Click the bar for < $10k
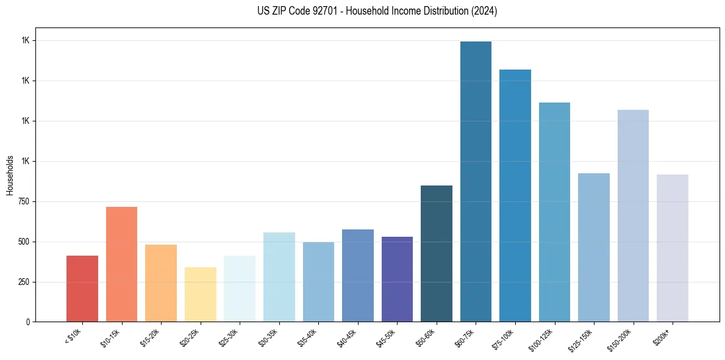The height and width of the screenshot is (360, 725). (82, 289)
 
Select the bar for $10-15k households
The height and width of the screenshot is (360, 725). (121, 264)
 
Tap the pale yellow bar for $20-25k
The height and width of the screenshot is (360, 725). (200, 294)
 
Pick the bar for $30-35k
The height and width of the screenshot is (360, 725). (279, 277)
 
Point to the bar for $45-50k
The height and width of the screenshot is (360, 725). (397, 279)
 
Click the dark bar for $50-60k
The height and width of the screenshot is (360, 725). (437, 253)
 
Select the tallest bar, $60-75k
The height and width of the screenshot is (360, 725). (476, 181)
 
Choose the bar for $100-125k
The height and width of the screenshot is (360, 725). (554, 212)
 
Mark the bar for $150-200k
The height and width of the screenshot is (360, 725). (633, 215)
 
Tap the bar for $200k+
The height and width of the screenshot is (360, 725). (672, 248)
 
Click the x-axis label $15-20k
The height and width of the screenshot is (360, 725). (151, 337)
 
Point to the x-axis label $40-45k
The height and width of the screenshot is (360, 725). (348, 337)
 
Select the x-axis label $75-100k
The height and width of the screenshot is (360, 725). (504, 337)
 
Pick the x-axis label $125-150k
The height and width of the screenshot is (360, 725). (582, 339)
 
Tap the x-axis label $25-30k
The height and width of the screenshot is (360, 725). (229, 337)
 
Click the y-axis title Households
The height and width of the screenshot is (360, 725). (10, 175)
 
